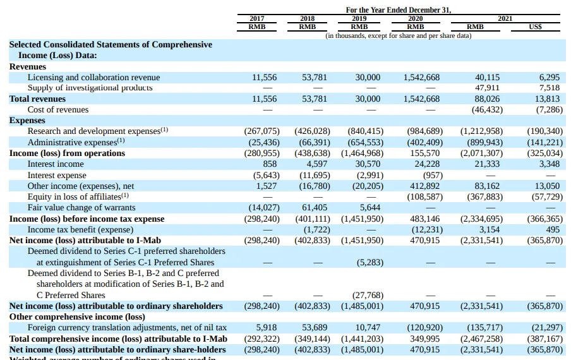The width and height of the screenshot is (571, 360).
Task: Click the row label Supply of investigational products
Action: (x=90, y=88)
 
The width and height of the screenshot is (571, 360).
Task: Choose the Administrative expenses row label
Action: (x=76, y=142)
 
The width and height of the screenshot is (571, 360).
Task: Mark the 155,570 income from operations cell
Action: (x=424, y=153)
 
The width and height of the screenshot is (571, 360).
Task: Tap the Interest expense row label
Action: (x=57, y=175)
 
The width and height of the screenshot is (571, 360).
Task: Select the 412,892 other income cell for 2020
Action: (x=424, y=186)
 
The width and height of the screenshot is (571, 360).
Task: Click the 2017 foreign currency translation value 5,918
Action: (x=267, y=327)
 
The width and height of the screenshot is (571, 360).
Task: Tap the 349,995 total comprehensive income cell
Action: (x=424, y=339)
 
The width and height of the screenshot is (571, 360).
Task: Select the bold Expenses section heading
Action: (x=27, y=120)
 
